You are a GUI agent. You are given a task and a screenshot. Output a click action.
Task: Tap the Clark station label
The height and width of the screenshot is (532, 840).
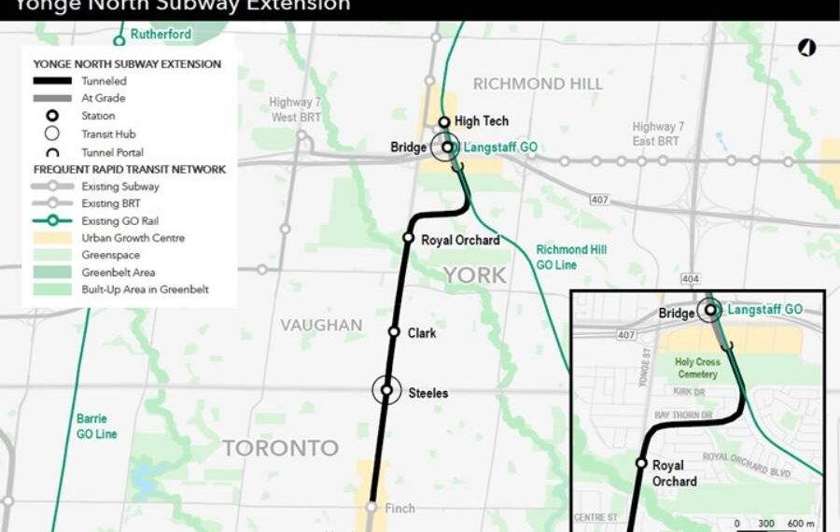422,333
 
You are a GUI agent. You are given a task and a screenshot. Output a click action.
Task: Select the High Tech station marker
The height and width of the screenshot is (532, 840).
445,122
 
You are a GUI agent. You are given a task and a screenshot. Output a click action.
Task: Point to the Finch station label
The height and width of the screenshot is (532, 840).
400,508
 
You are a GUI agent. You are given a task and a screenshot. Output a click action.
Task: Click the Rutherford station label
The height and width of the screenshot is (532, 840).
161,35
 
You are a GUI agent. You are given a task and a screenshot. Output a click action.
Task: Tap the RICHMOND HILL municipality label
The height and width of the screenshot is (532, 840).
538,84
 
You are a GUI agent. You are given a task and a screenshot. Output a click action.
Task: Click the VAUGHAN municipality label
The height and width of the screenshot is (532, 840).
321,326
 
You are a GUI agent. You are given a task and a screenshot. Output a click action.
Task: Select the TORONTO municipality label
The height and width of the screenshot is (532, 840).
280,448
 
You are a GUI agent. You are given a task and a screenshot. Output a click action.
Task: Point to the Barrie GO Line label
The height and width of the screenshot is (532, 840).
97,427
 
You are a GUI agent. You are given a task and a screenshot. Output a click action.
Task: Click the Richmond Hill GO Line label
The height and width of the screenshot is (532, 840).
571,257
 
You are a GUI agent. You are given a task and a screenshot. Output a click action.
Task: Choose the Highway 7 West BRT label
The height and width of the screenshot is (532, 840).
296,110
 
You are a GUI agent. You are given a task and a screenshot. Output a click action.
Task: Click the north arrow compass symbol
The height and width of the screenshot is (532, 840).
806,49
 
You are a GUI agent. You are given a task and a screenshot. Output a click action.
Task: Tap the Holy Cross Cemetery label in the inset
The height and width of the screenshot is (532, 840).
696,368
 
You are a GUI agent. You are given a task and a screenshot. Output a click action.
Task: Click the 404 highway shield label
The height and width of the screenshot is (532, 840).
692,278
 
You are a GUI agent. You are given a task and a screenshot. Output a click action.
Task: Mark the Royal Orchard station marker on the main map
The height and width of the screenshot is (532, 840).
408,238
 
